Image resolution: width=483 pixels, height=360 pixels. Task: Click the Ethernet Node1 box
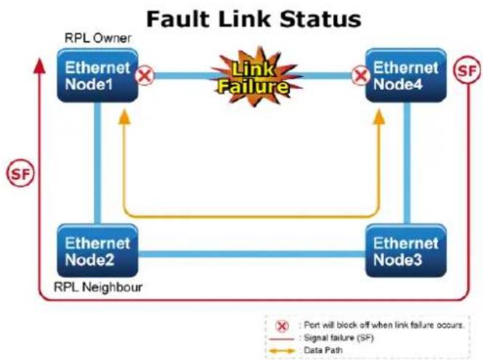97,75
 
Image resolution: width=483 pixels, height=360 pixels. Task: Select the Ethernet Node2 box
97,251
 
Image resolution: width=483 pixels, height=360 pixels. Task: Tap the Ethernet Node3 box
406,251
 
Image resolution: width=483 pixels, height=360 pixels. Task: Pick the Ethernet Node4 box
406,75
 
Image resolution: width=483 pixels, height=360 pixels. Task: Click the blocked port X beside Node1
145,75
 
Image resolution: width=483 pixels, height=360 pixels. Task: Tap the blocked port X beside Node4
361,75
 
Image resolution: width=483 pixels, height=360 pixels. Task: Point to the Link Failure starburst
254,77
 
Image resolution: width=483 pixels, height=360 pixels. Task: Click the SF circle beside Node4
467,70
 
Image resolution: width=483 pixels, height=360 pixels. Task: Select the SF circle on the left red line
20,173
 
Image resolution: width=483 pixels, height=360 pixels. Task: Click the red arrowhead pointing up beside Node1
39,66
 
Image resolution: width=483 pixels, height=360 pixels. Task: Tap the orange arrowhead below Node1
124,117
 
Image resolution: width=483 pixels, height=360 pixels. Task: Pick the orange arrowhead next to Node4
379,117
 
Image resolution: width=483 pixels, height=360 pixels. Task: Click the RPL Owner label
97,38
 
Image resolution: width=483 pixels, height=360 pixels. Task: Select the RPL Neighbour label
98,287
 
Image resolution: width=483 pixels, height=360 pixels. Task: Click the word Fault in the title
178,19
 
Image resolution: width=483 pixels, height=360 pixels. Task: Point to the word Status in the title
320,19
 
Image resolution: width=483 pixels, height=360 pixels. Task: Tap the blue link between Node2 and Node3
252,254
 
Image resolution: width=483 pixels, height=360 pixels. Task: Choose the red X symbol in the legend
282,326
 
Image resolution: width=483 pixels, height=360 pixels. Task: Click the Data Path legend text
323,350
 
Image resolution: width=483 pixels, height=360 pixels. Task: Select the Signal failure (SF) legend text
339,337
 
